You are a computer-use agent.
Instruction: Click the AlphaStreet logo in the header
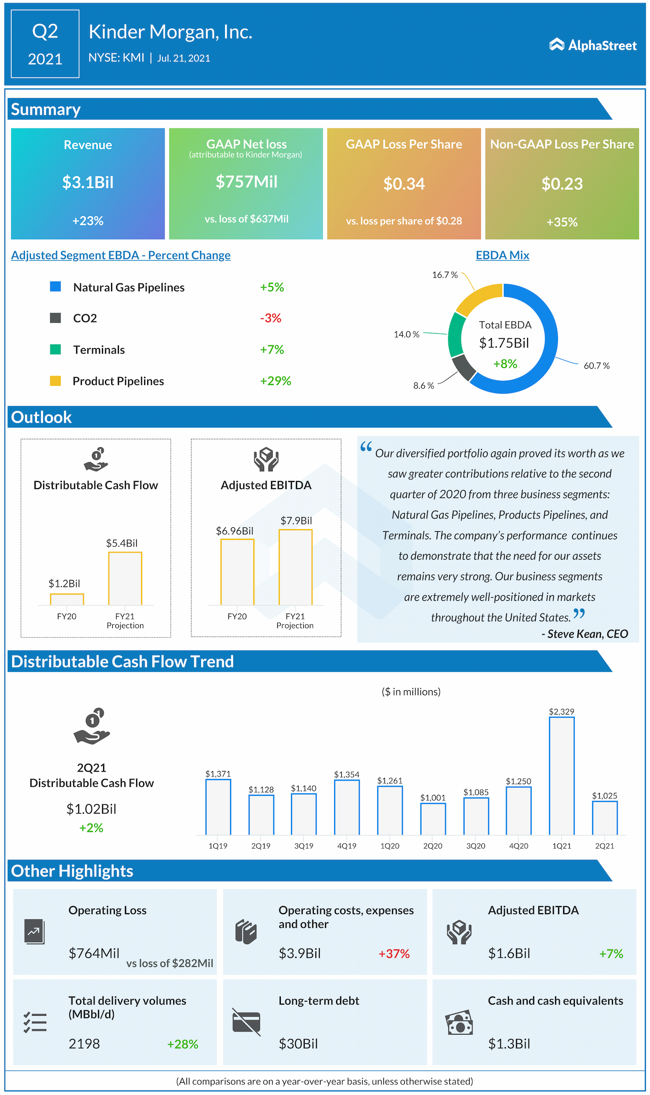593,45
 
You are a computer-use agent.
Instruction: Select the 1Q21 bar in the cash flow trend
562,776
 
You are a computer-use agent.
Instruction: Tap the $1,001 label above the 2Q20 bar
433,798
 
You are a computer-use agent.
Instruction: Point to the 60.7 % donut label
597,366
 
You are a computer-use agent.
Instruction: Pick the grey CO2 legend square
55,318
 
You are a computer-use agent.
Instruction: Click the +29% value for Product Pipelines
275,381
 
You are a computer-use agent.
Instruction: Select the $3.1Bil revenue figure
88,182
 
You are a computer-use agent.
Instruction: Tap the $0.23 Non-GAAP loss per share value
562,184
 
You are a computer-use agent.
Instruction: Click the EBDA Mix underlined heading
502,255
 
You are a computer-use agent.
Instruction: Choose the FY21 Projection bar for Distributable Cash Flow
125,578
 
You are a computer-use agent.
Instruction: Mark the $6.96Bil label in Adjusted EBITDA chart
235,531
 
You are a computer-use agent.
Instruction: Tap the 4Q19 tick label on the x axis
347,846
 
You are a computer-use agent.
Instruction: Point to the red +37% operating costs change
394,954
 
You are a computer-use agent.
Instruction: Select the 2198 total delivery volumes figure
84,1044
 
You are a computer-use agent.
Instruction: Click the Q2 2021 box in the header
45,44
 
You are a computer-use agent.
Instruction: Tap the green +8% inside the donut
505,364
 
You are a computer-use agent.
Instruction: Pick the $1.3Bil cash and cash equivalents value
509,1044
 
